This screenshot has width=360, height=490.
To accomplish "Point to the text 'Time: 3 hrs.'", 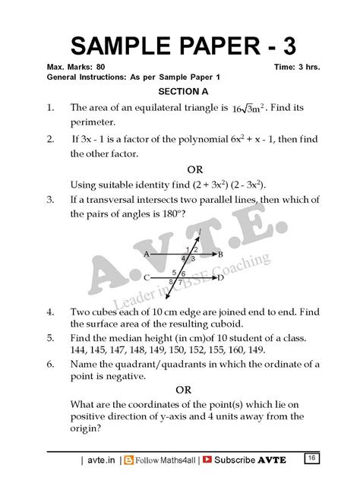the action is tap(297, 67).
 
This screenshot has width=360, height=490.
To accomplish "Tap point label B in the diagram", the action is tap(220, 254).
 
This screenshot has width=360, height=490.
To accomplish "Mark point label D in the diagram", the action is tap(220, 279).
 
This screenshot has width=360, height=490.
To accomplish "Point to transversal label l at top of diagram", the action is tap(200, 231).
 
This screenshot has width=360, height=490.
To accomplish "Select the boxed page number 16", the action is tap(311, 457).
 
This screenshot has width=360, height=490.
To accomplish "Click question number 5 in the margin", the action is tap(49, 337).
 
